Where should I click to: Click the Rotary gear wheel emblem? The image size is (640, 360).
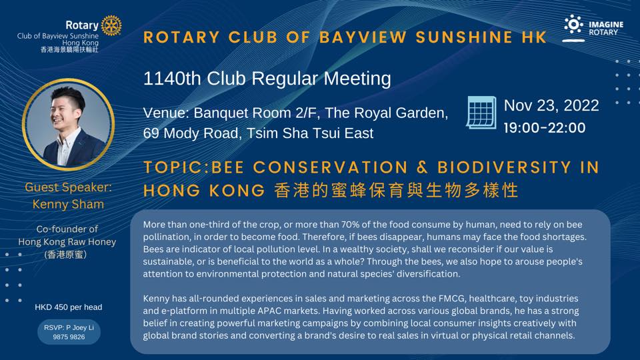tap(111, 25)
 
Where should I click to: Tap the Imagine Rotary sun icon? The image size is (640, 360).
tap(573, 25)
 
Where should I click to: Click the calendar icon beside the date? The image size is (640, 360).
tap(481, 112)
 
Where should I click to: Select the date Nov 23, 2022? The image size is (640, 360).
tap(551, 105)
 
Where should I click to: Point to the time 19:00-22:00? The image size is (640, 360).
tap(545, 128)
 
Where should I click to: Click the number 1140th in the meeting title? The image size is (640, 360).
tap(172, 79)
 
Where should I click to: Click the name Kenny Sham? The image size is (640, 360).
tap(68, 204)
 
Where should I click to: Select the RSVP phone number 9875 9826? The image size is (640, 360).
tap(69, 337)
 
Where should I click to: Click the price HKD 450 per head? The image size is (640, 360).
tap(69, 307)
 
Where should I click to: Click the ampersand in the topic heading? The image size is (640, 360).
tap(423, 168)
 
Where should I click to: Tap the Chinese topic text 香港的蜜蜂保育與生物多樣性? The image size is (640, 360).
tap(396, 191)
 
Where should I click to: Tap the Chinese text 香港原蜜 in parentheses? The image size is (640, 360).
tap(66, 254)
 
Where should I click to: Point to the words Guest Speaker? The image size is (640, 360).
tap(68, 187)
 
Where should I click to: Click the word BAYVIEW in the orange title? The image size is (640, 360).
tap(363, 37)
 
